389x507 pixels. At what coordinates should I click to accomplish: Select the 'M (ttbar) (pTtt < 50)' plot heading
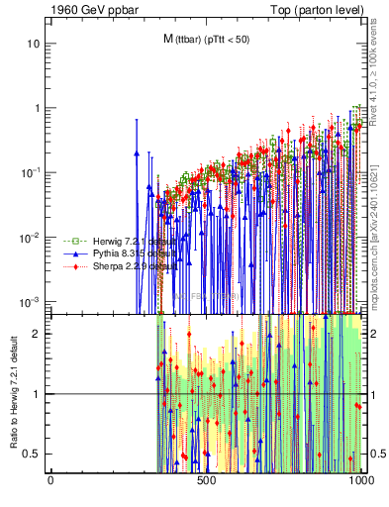click(207, 39)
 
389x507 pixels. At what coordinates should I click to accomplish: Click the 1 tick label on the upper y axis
click(36, 108)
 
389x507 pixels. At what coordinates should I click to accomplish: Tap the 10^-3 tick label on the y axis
click(30, 301)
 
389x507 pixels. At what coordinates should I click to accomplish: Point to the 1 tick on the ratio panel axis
click(36, 394)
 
